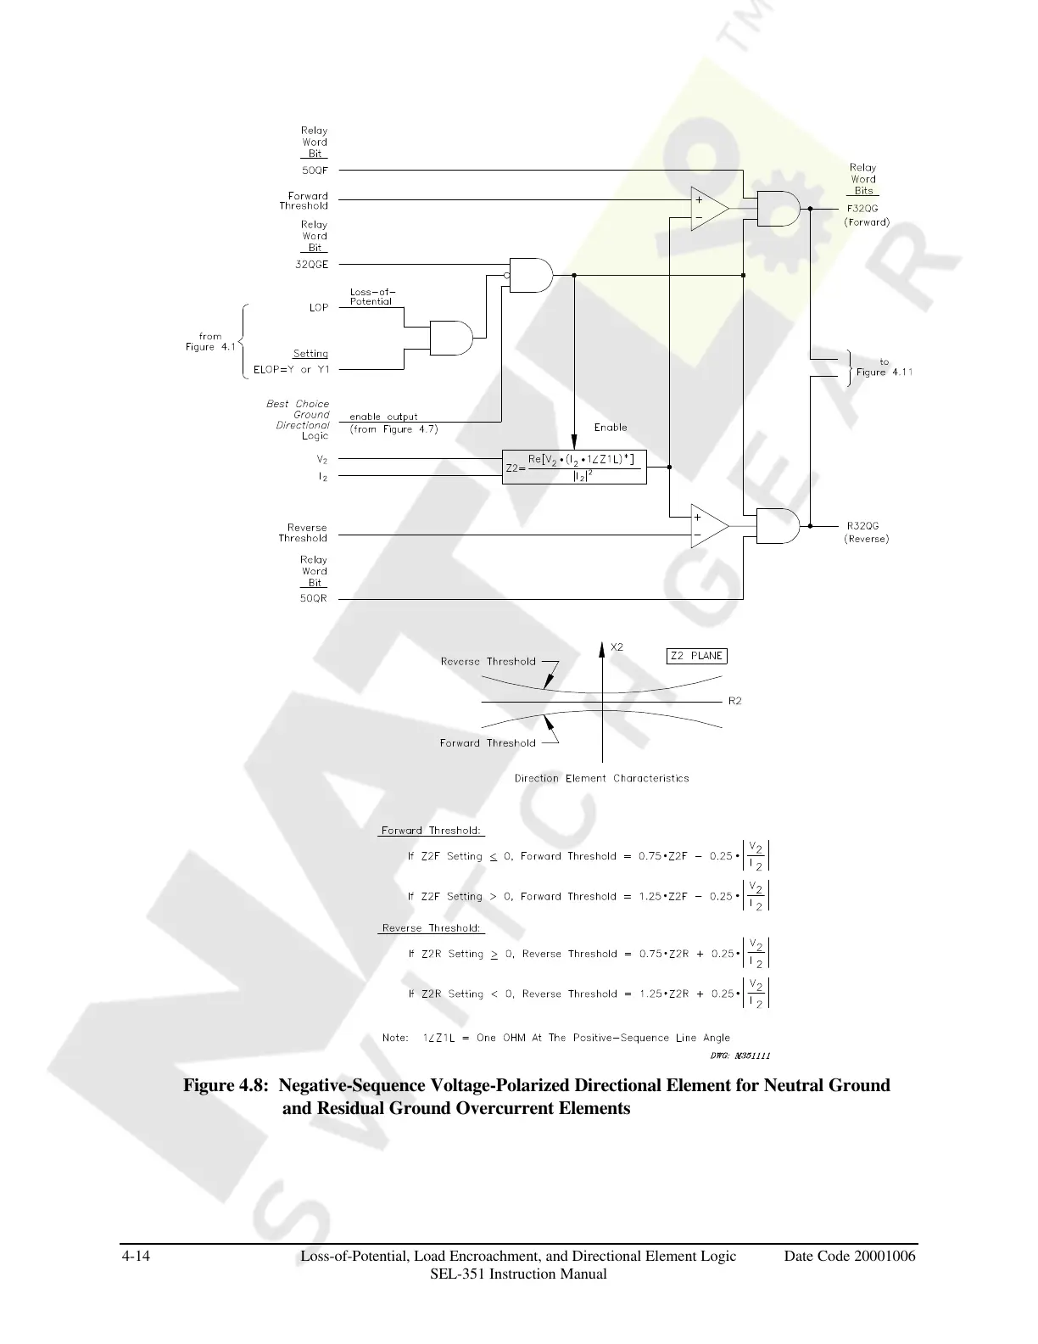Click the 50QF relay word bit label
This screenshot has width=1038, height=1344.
[315, 170]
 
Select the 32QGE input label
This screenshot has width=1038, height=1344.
[311, 264]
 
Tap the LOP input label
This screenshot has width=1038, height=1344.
[318, 307]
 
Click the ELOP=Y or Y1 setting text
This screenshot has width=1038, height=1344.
[291, 370]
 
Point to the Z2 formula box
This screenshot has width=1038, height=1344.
[574, 467]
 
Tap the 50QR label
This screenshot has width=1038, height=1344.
[314, 599]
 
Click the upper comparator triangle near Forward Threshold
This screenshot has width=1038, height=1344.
[708, 209]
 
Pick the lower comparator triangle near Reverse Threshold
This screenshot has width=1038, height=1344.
[708, 526]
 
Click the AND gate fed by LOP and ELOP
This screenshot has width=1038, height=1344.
[451, 338]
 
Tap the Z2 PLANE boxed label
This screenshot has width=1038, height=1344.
[696, 655]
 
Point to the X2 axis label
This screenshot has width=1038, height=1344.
[617, 647]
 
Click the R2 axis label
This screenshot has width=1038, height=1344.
[735, 701]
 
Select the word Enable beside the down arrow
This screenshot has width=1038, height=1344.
[611, 427]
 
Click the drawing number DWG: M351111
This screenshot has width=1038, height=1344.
[739, 1056]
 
